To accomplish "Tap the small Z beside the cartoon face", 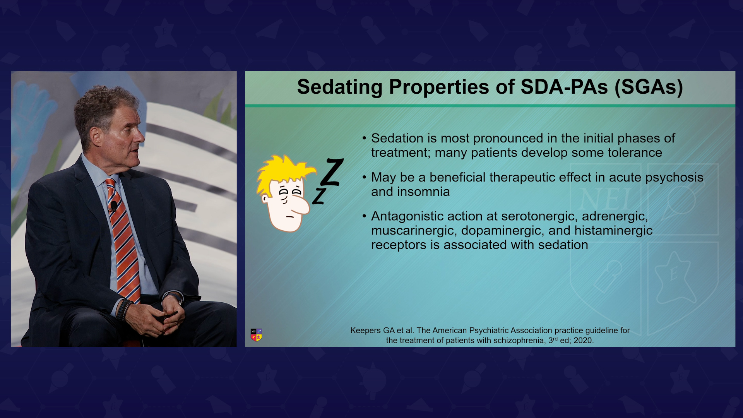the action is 319,196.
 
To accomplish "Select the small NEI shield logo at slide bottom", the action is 256,335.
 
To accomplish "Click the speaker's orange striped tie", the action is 123,240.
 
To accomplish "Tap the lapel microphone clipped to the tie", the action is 114,206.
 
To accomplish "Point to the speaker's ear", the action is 96,137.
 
